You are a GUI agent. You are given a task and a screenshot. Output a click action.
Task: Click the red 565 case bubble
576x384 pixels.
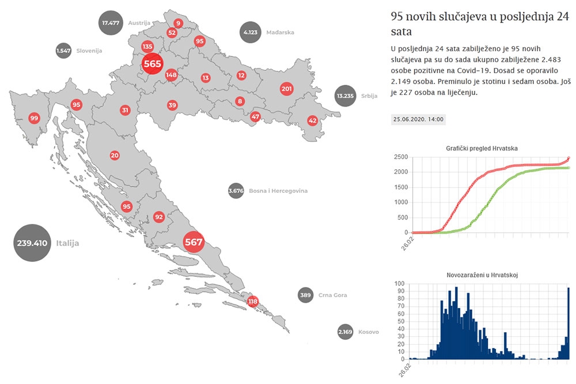tap(152, 63)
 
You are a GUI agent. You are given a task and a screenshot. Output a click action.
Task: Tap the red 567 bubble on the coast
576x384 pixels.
tap(194, 242)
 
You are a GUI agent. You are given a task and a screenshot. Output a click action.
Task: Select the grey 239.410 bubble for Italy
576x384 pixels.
tap(32, 243)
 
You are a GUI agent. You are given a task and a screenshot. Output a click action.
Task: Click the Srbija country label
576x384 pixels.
tap(369, 96)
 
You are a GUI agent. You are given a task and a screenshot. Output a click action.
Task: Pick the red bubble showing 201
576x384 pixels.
tap(286, 89)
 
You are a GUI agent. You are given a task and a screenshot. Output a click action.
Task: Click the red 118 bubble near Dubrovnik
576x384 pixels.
tap(252, 301)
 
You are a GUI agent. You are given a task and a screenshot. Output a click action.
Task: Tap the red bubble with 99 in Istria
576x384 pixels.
tap(34, 118)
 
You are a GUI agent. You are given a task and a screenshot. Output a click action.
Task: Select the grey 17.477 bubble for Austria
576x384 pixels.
tap(110, 23)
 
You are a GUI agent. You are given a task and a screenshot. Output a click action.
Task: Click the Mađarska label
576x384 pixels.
tap(280, 32)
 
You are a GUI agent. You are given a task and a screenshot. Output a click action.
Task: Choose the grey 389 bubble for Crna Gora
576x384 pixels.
tap(306, 295)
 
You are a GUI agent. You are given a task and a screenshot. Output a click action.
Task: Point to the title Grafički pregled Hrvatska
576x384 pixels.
tap(482, 148)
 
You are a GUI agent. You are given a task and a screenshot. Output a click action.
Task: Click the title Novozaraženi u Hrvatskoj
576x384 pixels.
tap(482, 275)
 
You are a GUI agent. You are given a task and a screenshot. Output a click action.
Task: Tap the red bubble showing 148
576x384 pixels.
tap(171, 75)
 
